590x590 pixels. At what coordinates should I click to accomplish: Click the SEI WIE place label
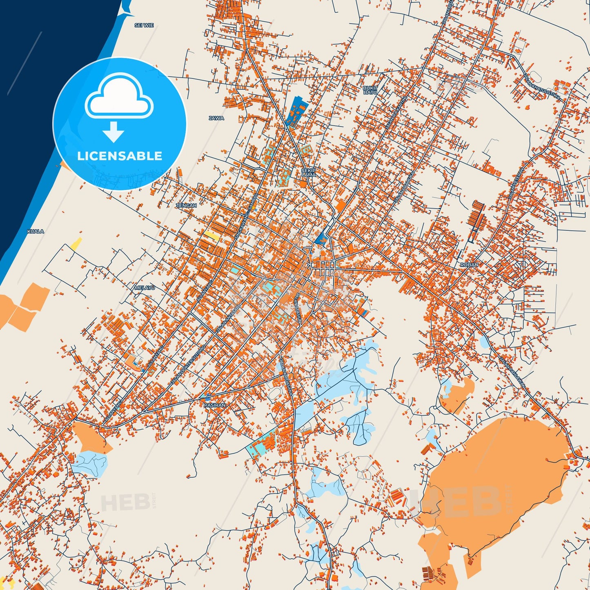click(144, 25)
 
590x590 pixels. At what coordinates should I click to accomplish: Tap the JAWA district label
click(216, 118)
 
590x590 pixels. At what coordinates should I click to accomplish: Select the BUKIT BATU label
click(370, 90)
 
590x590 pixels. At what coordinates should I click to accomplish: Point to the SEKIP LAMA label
click(309, 172)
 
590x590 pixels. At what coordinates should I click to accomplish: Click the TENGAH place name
click(186, 205)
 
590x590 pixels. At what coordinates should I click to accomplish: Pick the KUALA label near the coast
click(36, 231)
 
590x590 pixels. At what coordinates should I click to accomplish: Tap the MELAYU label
click(145, 288)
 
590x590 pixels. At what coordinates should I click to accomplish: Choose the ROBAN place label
click(469, 265)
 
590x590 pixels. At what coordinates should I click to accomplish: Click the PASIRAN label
click(214, 405)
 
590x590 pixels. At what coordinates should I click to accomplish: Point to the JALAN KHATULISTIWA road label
click(542, 87)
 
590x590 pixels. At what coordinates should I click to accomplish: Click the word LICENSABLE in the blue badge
click(120, 156)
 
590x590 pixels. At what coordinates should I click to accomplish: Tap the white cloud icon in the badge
click(119, 97)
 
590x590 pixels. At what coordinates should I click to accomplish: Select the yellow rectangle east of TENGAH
click(212, 235)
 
